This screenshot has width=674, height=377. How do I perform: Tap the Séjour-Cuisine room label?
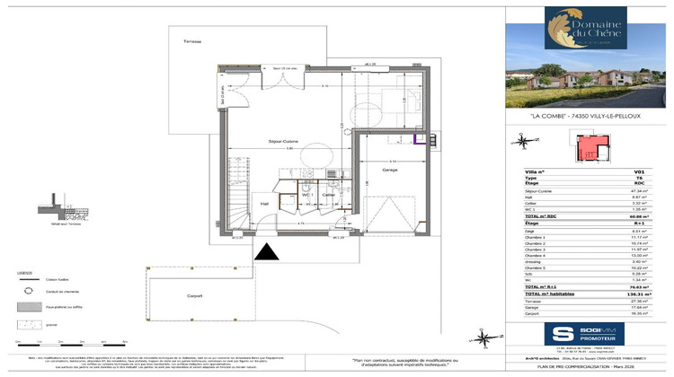[x=258, y=143]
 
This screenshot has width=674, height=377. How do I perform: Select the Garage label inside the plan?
[x=389, y=169]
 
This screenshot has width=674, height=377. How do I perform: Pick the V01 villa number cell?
[x=639, y=171]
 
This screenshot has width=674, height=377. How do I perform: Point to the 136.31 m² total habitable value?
[x=635, y=294]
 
